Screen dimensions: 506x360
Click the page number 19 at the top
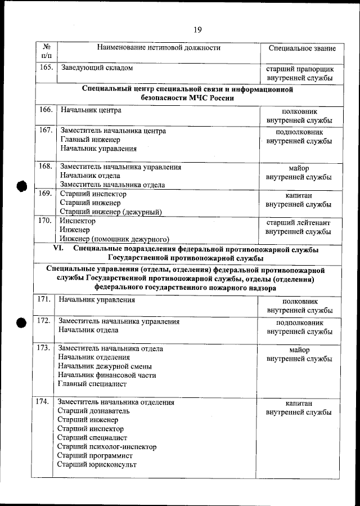(197, 30)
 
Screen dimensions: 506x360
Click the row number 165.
(46, 68)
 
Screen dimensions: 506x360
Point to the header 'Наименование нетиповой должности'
(158, 48)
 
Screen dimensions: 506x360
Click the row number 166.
(46, 110)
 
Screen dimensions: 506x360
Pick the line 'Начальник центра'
(91, 110)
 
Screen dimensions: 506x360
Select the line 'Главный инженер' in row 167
(89, 140)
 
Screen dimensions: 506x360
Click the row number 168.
(46, 167)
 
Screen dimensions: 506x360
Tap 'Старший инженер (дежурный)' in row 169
(111, 212)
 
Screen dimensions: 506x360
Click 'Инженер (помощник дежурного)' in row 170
(114, 239)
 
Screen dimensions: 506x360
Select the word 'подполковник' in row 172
(299, 323)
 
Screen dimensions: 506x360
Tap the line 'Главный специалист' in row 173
(92, 384)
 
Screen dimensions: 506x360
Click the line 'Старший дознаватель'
(94, 411)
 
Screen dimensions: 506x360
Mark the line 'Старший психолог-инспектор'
(107, 447)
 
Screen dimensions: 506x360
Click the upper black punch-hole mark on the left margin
(22, 187)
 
